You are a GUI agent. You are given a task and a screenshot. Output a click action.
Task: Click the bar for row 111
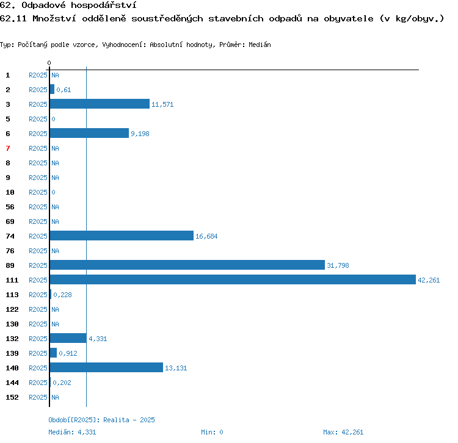pos(233,279)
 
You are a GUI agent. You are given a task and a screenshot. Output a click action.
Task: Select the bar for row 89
pos(187,265)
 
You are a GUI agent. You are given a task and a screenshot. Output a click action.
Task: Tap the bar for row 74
pos(122,236)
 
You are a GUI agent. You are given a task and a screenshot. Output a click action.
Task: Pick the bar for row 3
pos(100,104)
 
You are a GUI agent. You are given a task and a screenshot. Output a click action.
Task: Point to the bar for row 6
pos(89,133)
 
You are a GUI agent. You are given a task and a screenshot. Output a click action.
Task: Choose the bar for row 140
pos(106,367)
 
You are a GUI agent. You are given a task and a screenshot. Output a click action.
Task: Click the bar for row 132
pos(68,338)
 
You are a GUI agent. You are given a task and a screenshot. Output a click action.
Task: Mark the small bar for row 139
pos(53,353)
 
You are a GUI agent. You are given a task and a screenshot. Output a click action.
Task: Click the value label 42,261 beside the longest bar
pos(429,280)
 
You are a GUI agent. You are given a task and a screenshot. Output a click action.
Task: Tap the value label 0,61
pos(64,90)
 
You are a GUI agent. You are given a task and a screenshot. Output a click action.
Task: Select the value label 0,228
pos(62,295)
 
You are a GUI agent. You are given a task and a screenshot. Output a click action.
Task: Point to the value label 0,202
pos(62,383)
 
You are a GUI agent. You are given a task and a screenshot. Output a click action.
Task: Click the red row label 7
pos(8,148)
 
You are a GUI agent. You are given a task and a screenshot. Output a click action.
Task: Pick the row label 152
pos(12,397)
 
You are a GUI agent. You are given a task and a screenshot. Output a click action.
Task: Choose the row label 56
pos(10,207)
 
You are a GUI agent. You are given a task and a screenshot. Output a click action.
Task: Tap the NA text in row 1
pos(55,75)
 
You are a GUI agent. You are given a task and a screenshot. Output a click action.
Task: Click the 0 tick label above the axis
pos(49,63)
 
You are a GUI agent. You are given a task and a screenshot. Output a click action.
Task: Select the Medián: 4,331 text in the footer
pos(72,432)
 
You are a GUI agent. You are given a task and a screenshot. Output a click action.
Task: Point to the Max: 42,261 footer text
pos(343,432)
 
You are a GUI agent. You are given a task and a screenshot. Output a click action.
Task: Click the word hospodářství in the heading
pos(104,5)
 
